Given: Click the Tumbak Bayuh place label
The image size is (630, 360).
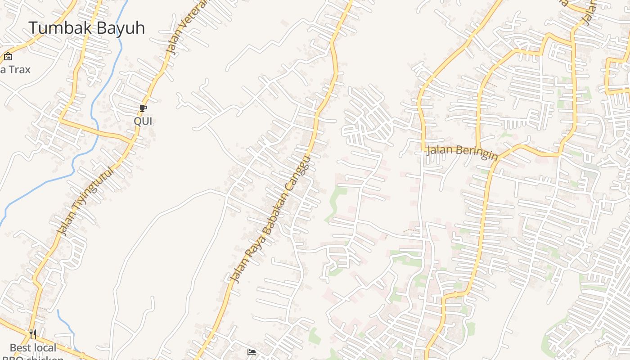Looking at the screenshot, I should pos(87,28).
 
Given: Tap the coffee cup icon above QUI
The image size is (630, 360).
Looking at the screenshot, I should pos(143,108).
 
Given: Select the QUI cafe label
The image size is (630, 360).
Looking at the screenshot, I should pos(143,121).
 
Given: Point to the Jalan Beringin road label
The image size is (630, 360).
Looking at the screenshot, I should pos(462,151).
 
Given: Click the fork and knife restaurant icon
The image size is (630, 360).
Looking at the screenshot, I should pos(32,334).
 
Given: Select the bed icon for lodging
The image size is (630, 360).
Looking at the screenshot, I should pos(252,352).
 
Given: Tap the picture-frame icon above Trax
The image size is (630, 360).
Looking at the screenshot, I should pos(8,57).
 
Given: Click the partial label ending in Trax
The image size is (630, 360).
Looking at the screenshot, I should pos(15,69).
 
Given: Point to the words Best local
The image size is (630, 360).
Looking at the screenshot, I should pos(33,348).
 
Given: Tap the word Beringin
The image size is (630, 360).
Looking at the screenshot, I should pos(476,153).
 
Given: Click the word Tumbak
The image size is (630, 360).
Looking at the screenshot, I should pos(58,28).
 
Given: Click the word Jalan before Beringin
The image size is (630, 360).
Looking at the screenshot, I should pos(439,149).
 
